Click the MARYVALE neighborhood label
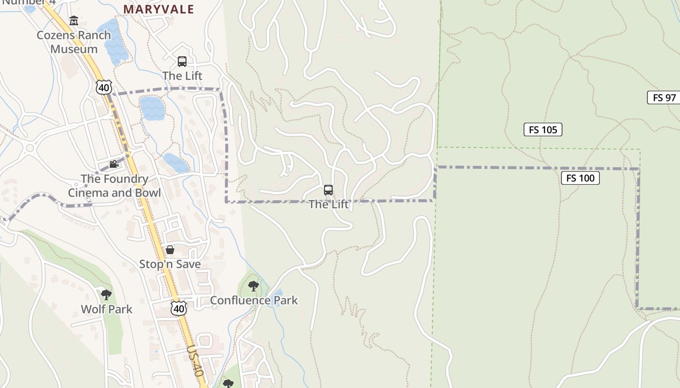(x=158, y=9)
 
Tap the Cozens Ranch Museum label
(x=74, y=42)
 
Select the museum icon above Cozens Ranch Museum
(x=74, y=20)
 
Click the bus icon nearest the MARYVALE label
(x=182, y=62)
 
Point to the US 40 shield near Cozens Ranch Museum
(x=104, y=87)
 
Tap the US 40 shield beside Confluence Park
(x=179, y=308)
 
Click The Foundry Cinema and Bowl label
(x=114, y=186)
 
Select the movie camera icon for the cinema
(x=114, y=164)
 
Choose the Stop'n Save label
(x=170, y=264)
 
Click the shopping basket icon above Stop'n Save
(x=170, y=250)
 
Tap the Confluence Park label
(x=254, y=301)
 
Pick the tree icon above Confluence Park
(x=253, y=286)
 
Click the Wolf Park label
(x=106, y=309)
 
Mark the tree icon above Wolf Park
(x=106, y=294)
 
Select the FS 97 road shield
(x=664, y=97)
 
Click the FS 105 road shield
(x=543, y=129)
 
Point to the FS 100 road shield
(x=580, y=178)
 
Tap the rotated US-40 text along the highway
(x=195, y=361)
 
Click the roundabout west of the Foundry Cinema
(x=30, y=147)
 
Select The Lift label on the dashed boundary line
(x=329, y=204)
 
